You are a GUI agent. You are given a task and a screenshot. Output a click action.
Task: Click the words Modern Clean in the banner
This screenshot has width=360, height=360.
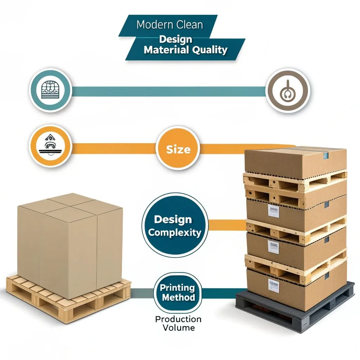tap(169, 25)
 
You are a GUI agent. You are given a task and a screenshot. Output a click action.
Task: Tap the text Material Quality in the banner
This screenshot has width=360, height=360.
tap(186, 50)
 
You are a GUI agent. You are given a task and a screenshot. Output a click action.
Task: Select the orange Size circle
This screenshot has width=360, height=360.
tap(178, 149)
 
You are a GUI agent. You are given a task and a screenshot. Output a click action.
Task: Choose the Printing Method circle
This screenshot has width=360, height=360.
tap(178, 292)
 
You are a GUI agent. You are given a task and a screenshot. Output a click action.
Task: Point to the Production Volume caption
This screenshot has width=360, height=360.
tap(178, 323)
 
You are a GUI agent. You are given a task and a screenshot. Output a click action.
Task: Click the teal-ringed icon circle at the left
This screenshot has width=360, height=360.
tap(50, 90)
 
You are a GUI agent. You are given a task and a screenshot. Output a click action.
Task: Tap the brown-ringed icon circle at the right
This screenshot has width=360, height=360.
tap(288, 90)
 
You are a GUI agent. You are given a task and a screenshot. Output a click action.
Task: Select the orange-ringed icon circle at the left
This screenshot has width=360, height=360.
tap(50, 146)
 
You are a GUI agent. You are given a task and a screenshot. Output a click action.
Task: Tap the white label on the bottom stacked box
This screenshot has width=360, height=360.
tap(274, 285)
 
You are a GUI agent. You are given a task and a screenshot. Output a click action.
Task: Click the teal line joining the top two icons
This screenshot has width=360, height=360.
tap(169, 91)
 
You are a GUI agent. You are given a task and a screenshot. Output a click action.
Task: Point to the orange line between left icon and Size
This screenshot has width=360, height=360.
tap(113, 148)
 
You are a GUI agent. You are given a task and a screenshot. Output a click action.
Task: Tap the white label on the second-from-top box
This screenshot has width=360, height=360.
tap(274, 211)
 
